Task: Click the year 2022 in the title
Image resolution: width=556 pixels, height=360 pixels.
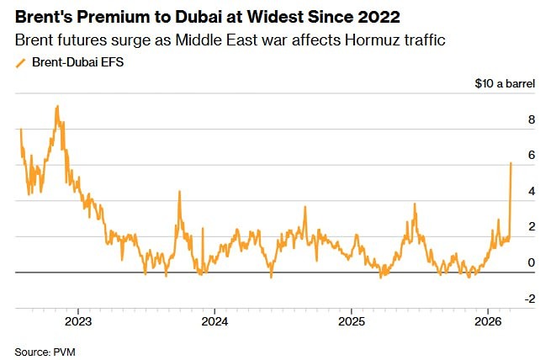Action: (376, 18)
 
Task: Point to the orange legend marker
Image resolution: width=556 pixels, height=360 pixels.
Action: (20, 62)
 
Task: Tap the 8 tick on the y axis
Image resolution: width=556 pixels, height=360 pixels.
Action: (531, 120)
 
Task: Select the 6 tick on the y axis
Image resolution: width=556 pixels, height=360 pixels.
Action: (531, 156)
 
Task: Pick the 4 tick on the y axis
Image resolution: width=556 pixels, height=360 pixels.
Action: (531, 192)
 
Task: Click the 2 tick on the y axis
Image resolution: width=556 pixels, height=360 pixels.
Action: (531, 227)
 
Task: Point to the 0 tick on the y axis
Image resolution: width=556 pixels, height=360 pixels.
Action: (531, 263)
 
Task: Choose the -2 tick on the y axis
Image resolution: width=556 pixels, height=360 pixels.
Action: (528, 299)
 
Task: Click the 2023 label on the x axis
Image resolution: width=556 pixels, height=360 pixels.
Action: (77, 322)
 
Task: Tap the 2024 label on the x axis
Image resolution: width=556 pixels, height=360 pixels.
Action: (214, 322)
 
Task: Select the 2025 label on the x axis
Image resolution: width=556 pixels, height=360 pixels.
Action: (352, 322)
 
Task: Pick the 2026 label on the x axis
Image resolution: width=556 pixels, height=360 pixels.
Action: (489, 322)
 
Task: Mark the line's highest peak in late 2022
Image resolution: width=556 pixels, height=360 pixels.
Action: (56, 106)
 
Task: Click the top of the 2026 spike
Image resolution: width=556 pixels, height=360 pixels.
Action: (511, 163)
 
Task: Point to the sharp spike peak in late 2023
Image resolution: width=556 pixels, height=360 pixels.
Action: (179, 192)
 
